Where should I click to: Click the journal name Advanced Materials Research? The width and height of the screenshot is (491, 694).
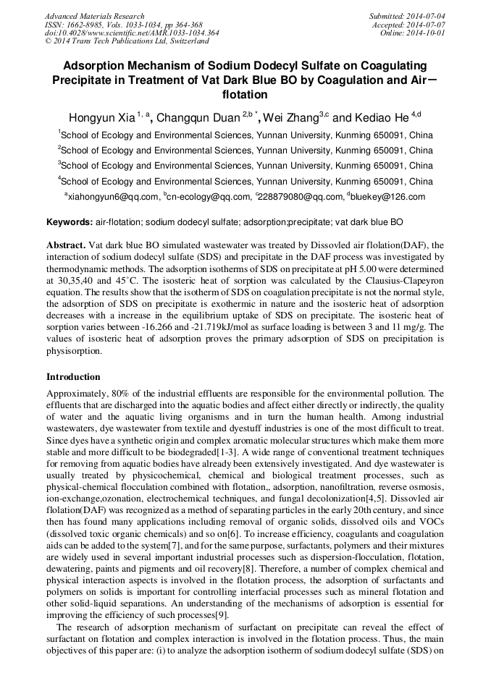(95, 16)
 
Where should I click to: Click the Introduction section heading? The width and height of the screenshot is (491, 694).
(73, 377)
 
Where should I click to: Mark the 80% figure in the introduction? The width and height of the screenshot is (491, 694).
(122, 394)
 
